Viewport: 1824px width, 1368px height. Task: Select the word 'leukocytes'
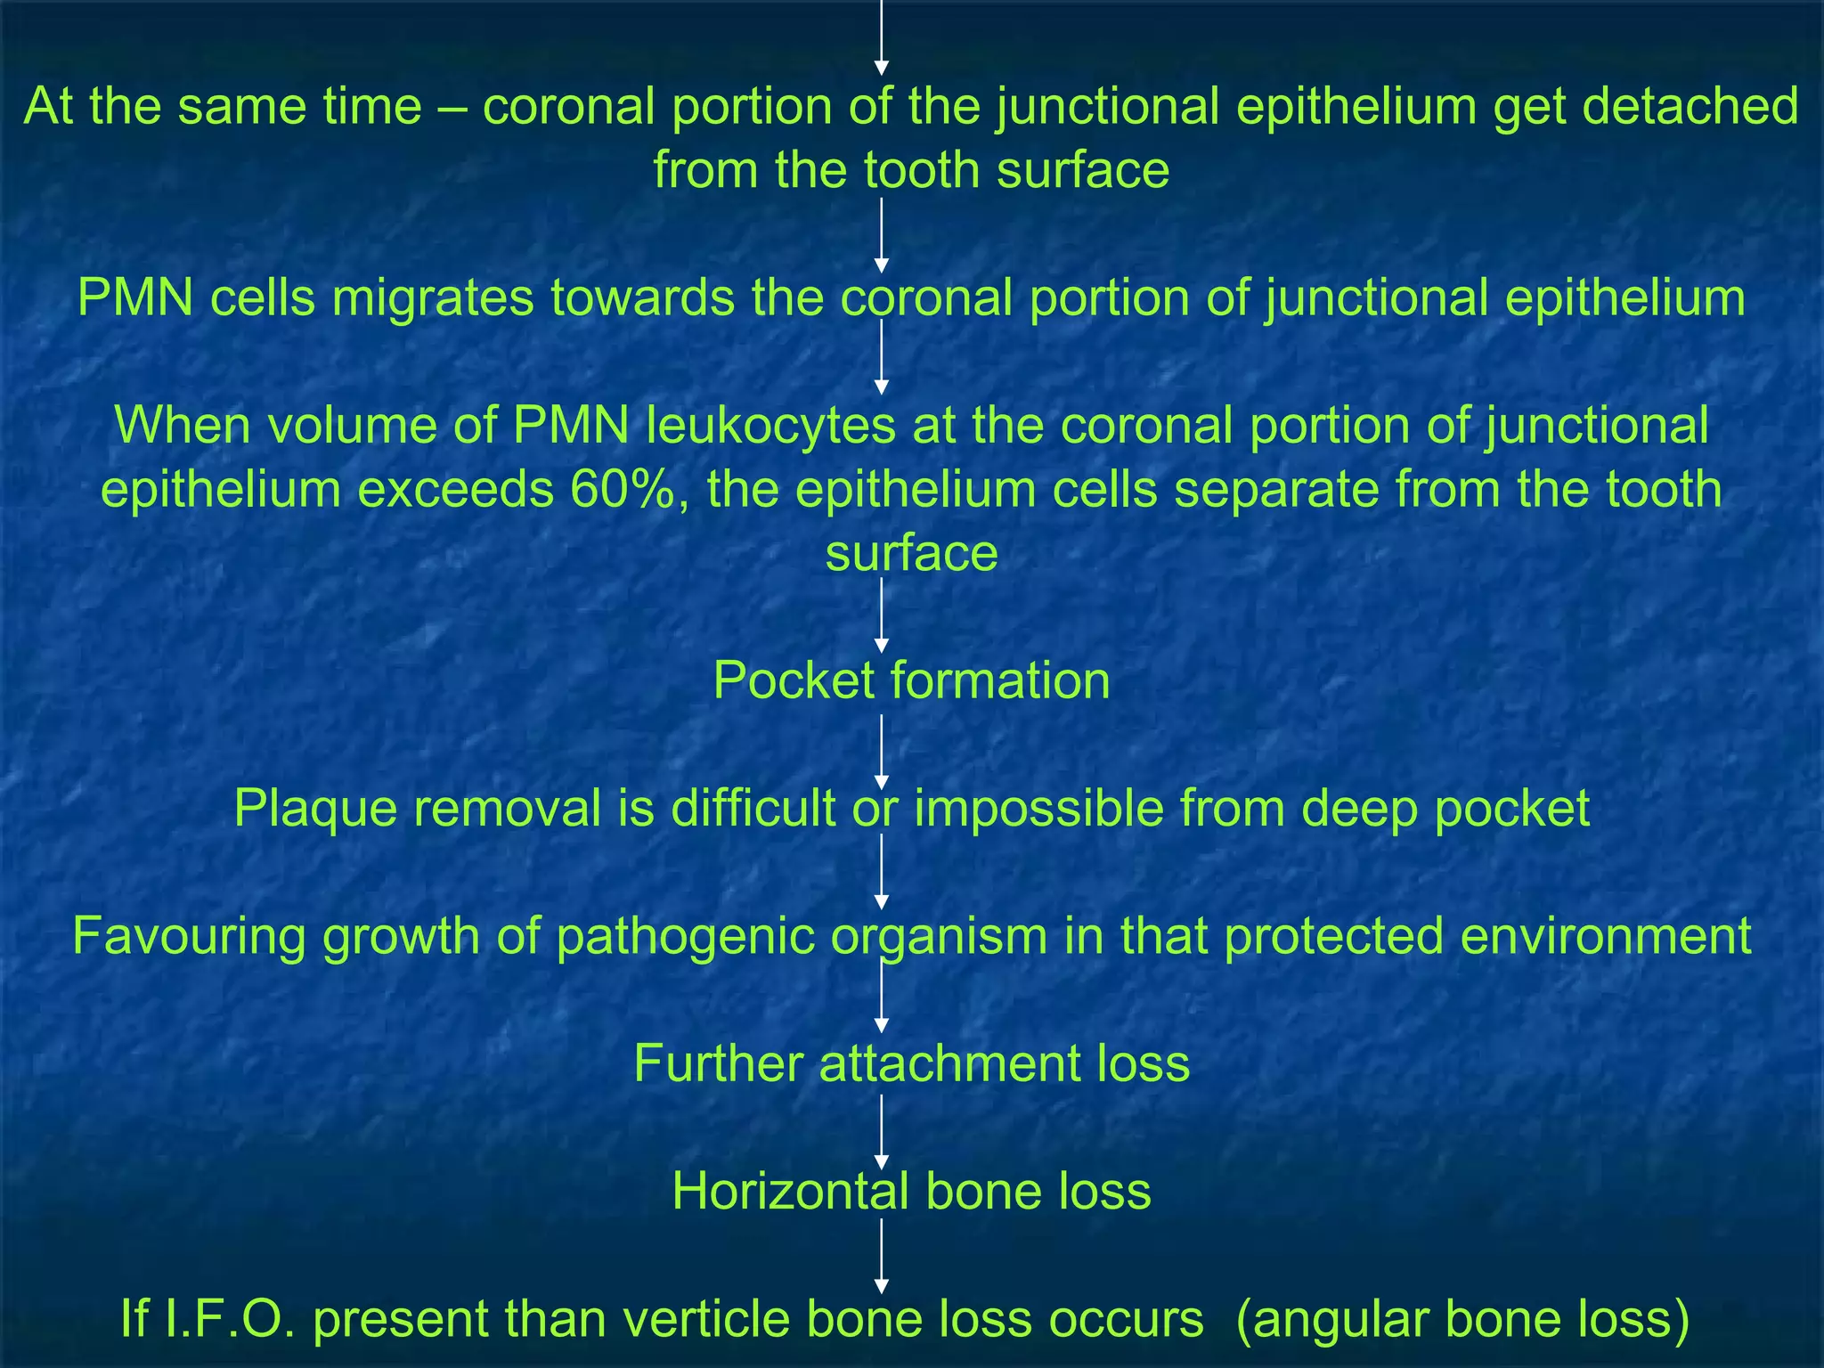770,425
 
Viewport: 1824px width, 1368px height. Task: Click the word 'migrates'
432,297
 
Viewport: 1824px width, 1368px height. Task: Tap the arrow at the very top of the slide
882,36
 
